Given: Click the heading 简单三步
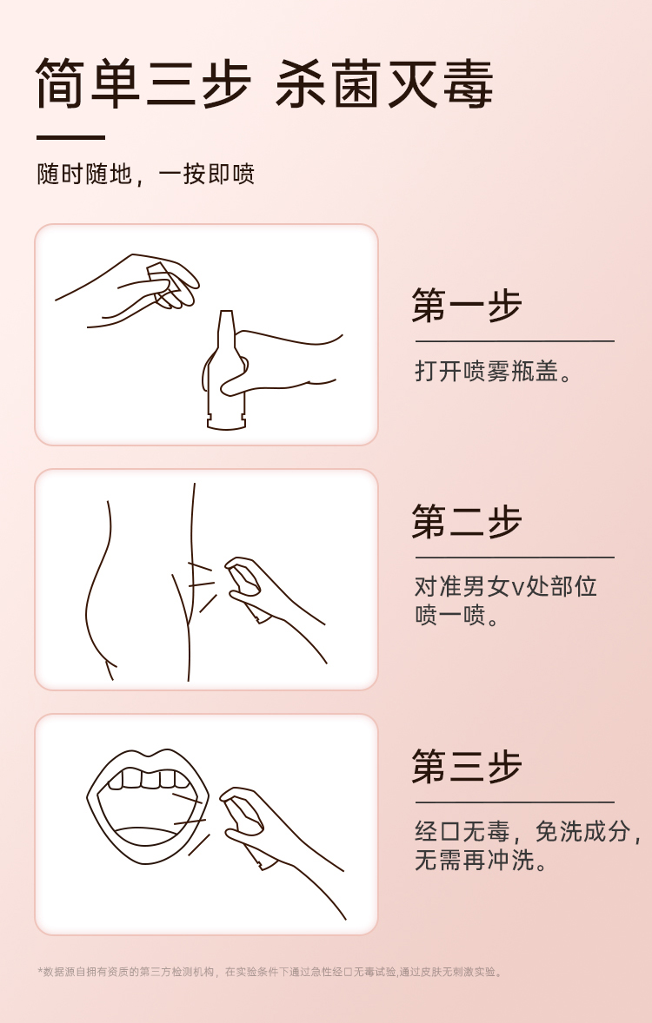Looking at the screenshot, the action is tap(143, 83).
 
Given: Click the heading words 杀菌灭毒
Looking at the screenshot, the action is tap(384, 83).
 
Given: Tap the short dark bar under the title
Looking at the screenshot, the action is tap(70, 138).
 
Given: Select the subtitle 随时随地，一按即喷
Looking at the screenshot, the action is tap(146, 175).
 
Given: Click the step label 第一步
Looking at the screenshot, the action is tap(467, 306).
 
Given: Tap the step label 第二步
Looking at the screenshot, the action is tap(467, 522).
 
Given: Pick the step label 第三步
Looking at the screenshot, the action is tap(467, 767).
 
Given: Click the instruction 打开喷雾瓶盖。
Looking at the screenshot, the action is tap(494, 371).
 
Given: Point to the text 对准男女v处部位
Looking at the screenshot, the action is tap(506, 586).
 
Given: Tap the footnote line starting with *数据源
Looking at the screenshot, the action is tap(269, 972).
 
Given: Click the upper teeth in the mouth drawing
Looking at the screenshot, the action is tap(145, 778).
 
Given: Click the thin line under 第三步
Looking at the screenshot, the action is tap(515, 802).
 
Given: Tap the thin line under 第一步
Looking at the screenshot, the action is tap(515, 340).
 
